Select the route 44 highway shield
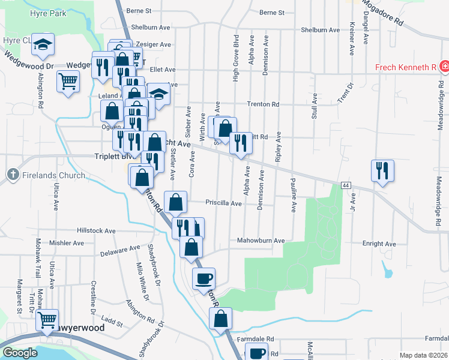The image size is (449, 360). click(x=346, y=186)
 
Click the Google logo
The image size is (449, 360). click(x=20, y=353)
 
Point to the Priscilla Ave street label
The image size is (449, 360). click(x=224, y=203)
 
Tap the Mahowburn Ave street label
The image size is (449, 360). click(x=261, y=241)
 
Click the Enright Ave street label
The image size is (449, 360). click(x=379, y=244)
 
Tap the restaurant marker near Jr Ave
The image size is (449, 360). click(x=382, y=170)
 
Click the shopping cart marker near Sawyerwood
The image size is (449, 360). click(x=47, y=320)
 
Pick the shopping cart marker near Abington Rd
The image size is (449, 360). click(x=68, y=81)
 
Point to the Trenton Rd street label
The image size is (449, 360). click(x=264, y=104)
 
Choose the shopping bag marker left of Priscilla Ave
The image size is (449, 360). click(x=175, y=202)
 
